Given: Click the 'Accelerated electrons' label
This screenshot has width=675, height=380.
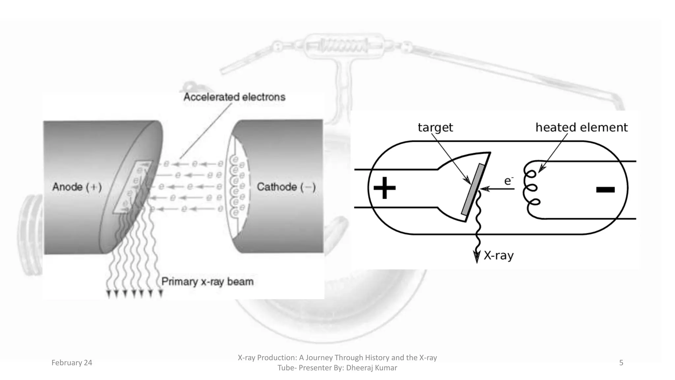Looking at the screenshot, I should click(x=234, y=97).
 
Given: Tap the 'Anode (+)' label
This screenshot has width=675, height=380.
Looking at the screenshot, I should click(x=77, y=187).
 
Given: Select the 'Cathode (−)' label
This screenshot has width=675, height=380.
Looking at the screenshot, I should click(x=286, y=187).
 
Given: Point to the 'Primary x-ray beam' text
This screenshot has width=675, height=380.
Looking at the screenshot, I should click(x=207, y=282).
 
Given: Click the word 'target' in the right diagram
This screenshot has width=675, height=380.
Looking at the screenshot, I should click(x=435, y=127).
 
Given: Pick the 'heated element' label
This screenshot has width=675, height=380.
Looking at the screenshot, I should click(x=581, y=127).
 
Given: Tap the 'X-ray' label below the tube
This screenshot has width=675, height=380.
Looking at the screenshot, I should click(x=498, y=255).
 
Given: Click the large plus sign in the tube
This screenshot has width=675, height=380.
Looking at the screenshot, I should click(x=384, y=188).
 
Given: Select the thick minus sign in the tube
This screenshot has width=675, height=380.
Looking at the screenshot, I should click(x=605, y=190).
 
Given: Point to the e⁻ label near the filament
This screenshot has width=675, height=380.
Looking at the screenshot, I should click(x=509, y=181).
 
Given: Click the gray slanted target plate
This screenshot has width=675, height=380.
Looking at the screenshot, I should click(x=473, y=189).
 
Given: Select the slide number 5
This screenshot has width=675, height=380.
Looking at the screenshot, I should click(x=621, y=363).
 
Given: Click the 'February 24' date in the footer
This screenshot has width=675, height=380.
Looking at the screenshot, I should click(x=72, y=363).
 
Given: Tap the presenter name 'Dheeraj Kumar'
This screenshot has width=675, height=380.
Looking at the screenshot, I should click(x=372, y=368).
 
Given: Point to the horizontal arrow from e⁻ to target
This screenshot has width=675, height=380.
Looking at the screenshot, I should click(x=498, y=189).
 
